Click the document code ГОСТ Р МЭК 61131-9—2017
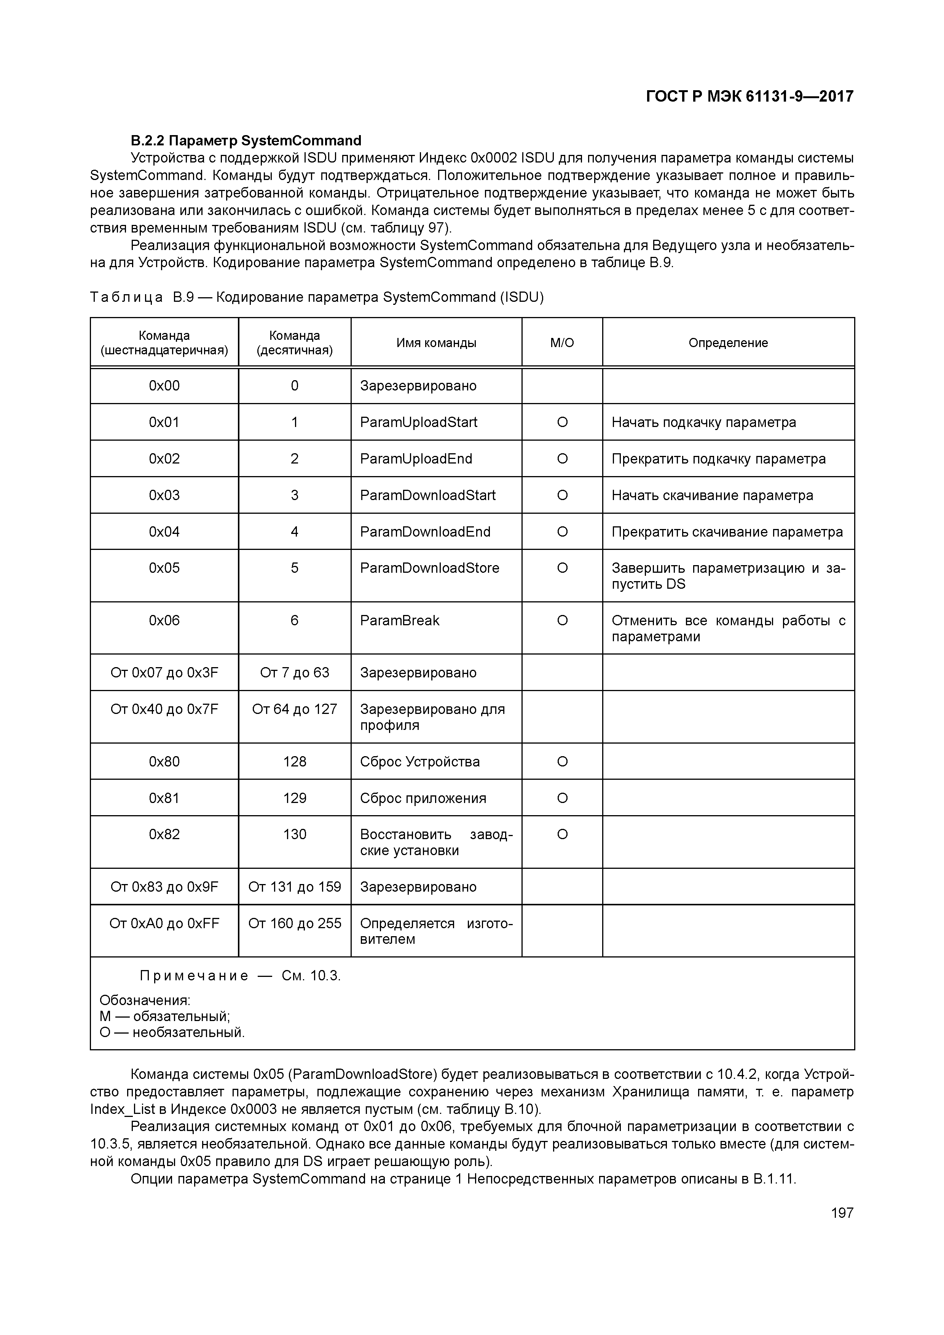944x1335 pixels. (749, 97)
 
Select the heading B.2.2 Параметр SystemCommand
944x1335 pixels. (246, 141)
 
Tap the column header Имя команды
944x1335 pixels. (436, 343)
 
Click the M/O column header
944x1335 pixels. (562, 343)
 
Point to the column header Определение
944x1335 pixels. (728, 343)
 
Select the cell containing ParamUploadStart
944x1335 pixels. (419, 422)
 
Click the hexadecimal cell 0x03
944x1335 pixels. (164, 495)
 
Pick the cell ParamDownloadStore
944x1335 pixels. (429, 568)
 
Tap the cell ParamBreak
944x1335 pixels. (400, 620)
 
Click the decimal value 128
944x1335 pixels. (294, 762)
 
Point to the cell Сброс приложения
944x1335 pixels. (423, 798)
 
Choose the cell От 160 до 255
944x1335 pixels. (294, 923)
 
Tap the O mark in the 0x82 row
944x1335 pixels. (562, 834)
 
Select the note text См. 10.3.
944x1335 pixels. (311, 976)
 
